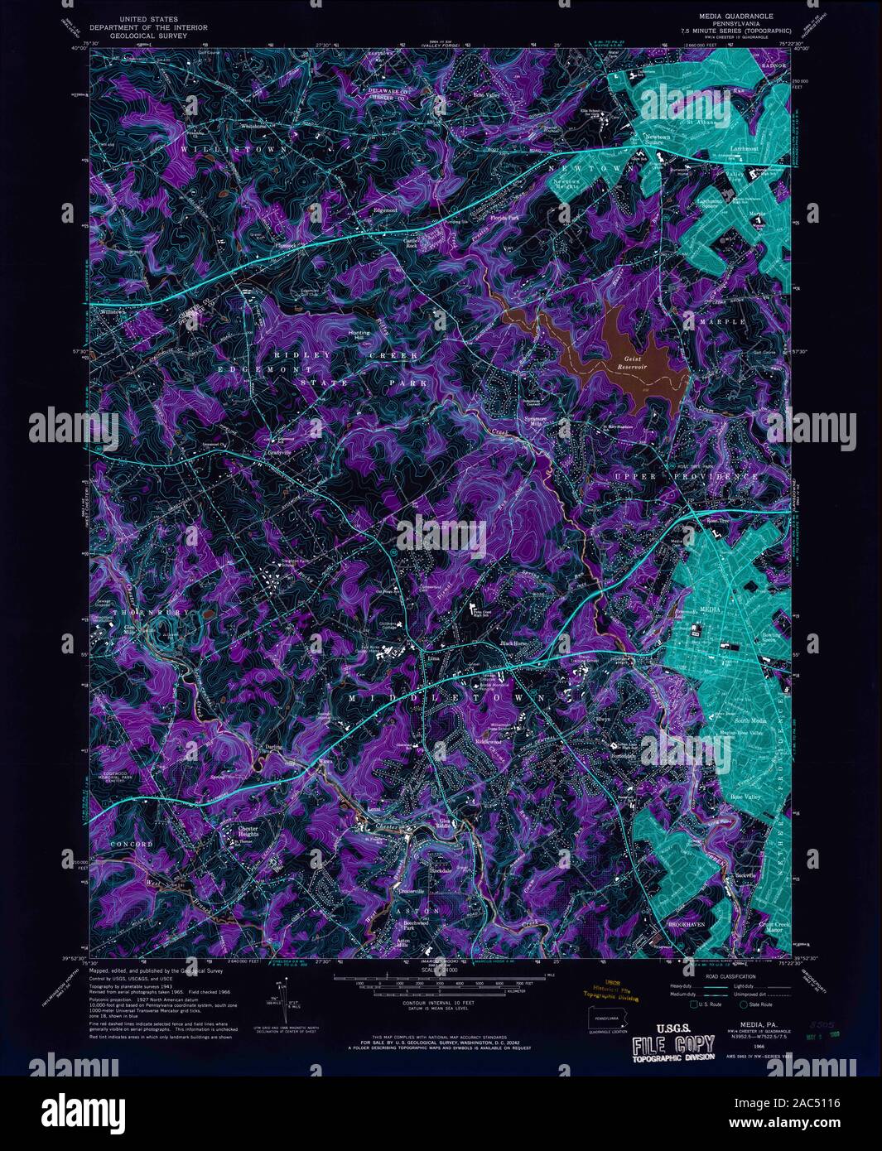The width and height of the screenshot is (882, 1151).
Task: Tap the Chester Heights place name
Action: click(248, 831)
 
